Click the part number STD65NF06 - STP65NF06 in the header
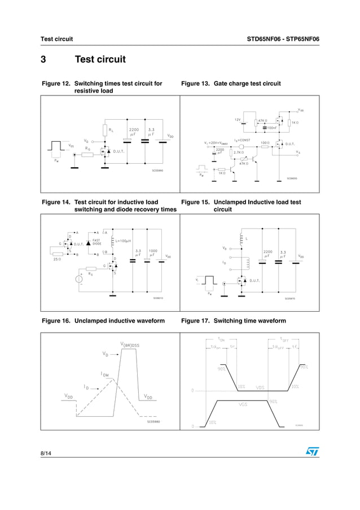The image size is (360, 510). point(283,39)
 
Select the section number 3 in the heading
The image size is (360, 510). point(43,59)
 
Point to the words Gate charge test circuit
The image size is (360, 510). point(247,84)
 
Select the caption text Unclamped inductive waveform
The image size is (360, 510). point(119,321)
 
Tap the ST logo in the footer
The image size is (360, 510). point(312,452)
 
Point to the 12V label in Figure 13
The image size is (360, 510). point(238,120)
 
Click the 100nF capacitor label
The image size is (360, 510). point(271,128)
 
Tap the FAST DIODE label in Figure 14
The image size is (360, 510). point(96,242)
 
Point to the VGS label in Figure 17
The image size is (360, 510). point(243,404)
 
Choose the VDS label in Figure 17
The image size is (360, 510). point(260,387)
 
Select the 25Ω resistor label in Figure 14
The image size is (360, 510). point(57,259)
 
